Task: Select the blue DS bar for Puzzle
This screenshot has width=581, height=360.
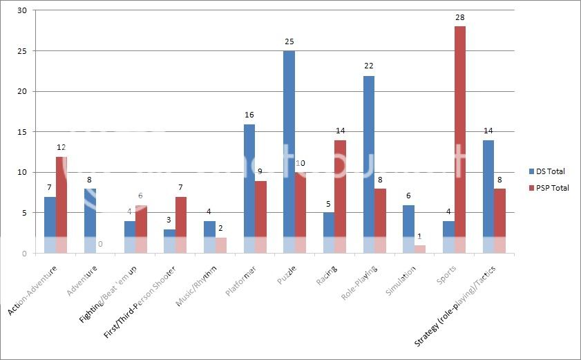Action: (x=289, y=152)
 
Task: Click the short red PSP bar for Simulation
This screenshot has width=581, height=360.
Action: (x=420, y=249)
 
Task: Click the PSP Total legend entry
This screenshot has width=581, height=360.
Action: (x=549, y=187)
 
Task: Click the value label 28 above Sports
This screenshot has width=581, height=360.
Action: (x=460, y=17)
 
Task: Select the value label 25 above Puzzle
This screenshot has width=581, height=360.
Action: (x=289, y=41)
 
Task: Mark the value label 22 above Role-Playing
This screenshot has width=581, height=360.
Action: (x=369, y=66)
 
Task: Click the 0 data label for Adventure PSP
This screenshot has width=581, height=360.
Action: (x=101, y=244)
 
